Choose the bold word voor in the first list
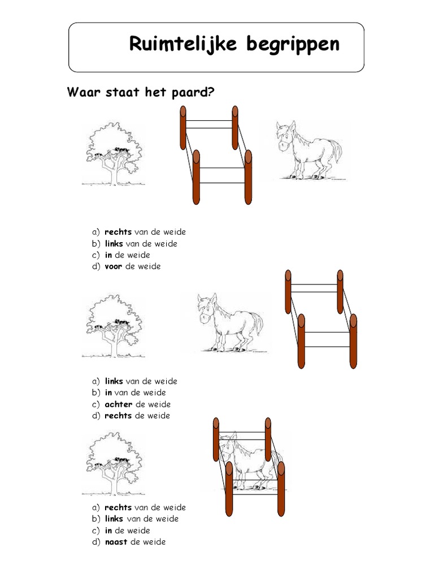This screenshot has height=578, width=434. tap(113, 266)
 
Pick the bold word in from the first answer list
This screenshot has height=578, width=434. tap(108, 255)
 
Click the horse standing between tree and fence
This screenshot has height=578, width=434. tap(229, 322)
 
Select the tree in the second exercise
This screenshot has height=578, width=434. tap(112, 326)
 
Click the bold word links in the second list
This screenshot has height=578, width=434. tap(114, 381)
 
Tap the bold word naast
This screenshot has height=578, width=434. tap(116, 542)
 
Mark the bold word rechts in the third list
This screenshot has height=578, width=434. tap(118, 507)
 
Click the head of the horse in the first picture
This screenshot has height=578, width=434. tap(285, 138)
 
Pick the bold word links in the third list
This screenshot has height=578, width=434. tap(114, 519)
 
